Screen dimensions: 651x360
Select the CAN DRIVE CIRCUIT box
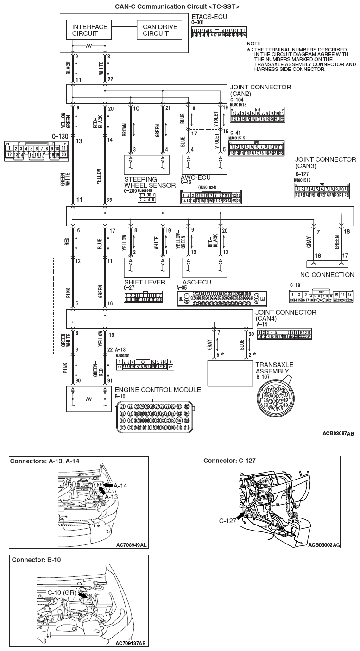(x=160, y=30)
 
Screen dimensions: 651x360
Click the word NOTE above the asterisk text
(x=254, y=43)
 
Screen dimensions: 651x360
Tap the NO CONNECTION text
(x=327, y=275)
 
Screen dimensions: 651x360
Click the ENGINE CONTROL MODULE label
(x=158, y=390)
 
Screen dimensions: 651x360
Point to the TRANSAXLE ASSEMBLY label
(x=274, y=368)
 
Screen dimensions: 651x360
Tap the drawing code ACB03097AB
(x=338, y=434)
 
